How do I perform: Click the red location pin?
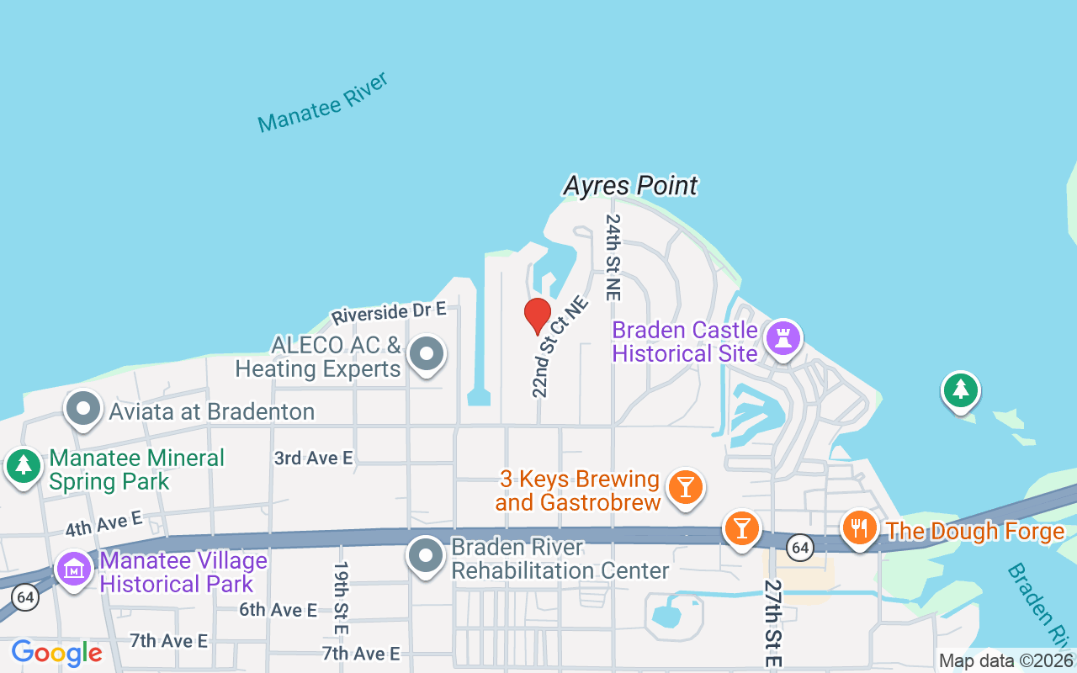538,315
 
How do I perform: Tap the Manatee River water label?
324,102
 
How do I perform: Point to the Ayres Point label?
630,185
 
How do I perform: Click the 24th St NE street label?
613,257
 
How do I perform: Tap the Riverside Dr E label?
388,313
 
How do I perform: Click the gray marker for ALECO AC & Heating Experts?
426,354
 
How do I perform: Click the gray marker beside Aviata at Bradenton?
83,410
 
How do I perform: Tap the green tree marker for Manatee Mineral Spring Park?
24,465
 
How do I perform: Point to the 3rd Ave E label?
314,458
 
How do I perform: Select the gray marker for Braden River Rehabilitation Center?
426,556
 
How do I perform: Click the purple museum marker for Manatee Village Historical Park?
74,570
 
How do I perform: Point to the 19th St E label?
341,598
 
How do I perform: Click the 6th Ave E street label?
278,610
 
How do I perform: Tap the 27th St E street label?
772,623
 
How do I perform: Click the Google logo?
56,653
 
